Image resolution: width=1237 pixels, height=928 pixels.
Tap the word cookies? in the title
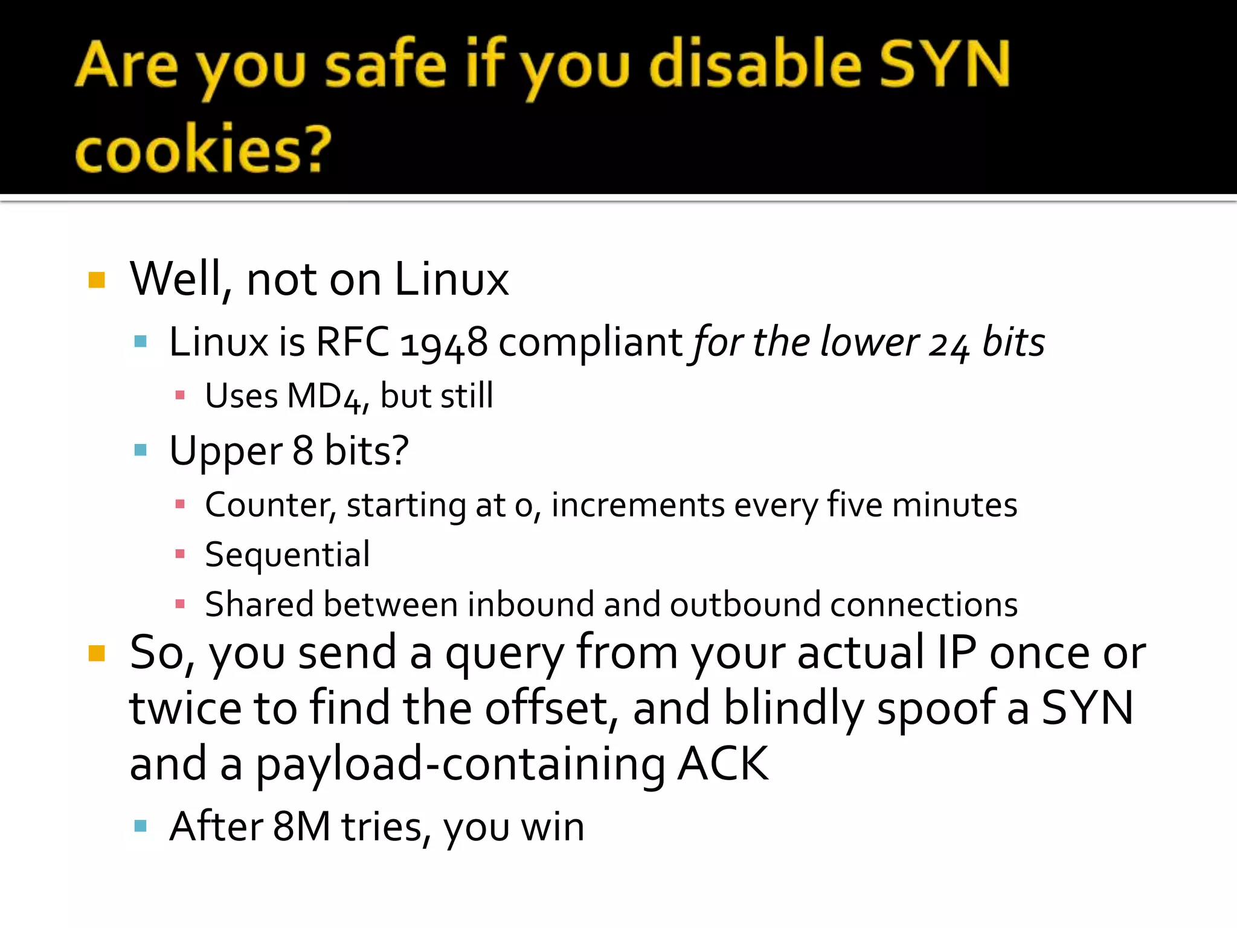coord(203,149)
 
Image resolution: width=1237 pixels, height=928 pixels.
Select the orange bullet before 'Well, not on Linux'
coord(97,280)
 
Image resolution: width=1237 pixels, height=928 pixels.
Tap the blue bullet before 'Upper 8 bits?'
coord(141,450)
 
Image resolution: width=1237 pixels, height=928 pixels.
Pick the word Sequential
coord(288,555)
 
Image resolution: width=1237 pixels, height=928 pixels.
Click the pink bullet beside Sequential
coord(179,554)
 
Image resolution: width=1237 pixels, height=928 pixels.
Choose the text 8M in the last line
coord(301,827)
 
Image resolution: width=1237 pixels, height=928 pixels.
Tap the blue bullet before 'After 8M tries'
coord(141,826)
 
